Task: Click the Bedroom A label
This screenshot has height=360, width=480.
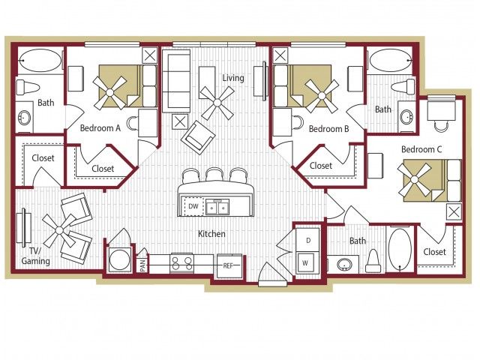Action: [x=100, y=128]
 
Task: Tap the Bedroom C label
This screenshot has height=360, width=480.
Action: [x=421, y=149]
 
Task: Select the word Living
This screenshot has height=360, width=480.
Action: [x=233, y=78]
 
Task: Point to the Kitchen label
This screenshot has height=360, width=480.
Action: [x=211, y=234]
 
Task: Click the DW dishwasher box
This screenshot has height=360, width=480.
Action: [x=193, y=207]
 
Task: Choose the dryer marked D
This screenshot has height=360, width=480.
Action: [x=307, y=240]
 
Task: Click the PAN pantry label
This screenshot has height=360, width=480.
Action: [x=142, y=265]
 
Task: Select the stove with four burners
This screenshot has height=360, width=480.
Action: [x=181, y=263]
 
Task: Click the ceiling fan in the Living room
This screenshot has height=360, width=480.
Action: [x=217, y=103]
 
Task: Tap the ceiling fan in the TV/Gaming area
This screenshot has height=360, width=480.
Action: [x=60, y=230]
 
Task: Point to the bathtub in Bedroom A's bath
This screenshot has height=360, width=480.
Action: [x=40, y=61]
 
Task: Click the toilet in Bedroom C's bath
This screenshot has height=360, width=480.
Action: [x=373, y=261]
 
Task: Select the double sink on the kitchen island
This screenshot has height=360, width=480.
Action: [x=217, y=207]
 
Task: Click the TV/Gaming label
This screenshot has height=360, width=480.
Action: [x=35, y=256]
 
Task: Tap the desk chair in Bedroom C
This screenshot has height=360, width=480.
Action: [x=441, y=126]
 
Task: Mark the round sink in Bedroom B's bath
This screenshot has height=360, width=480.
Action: [x=407, y=117]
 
